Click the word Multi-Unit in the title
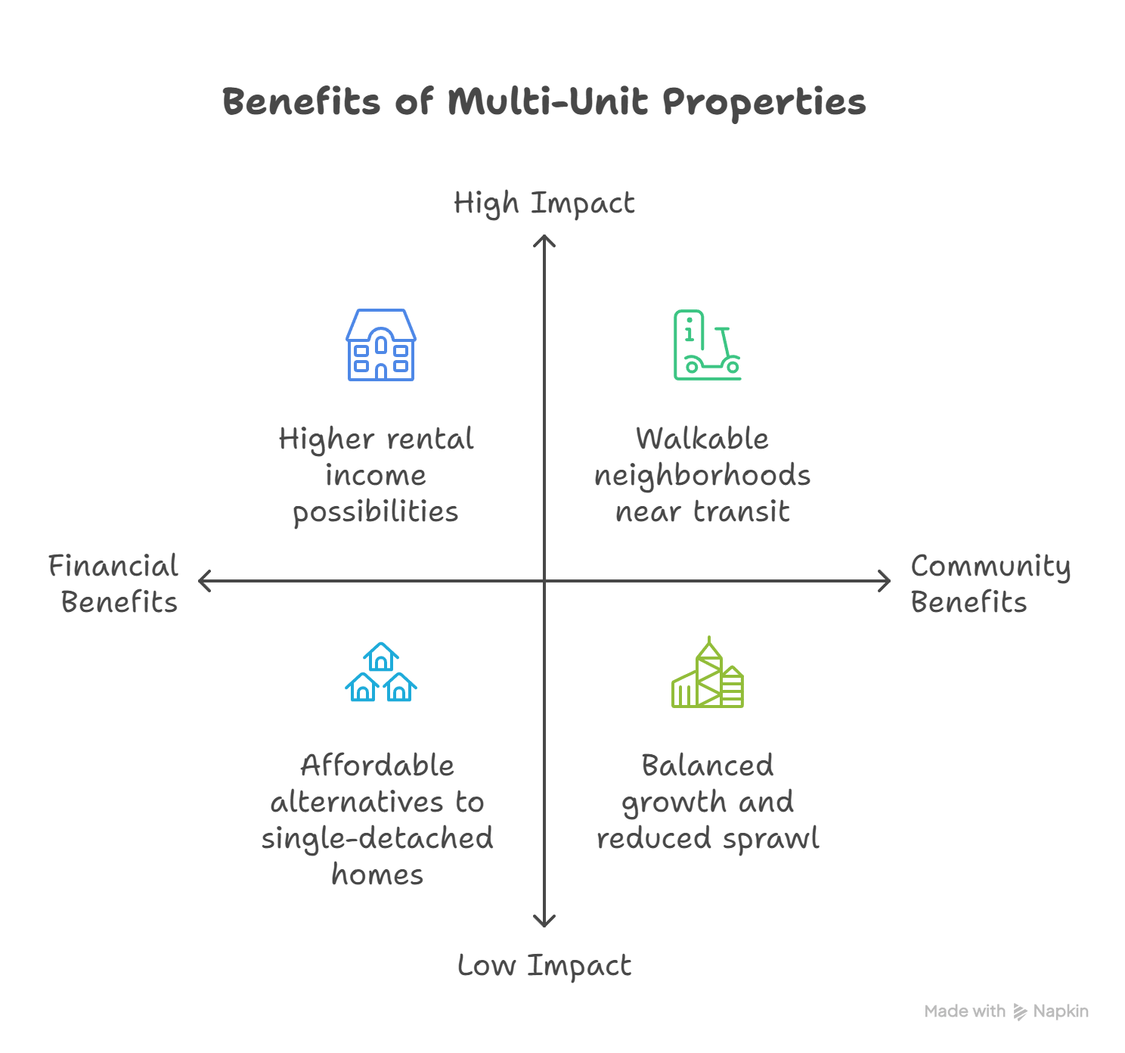(547, 102)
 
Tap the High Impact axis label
(544, 203)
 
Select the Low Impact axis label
(544, 966)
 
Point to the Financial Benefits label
(114, 584)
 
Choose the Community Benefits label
(990, 584)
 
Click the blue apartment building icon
(381, 345)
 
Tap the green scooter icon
(707, 345)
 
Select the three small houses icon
(381, 672)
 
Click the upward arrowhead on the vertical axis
(544, 241)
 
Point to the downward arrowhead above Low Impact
(544, 921)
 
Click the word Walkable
(702, 439)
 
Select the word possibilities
(376, 513)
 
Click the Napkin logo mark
(1021, 1012)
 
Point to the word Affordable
(377, 766)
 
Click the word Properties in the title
(764, 102)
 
